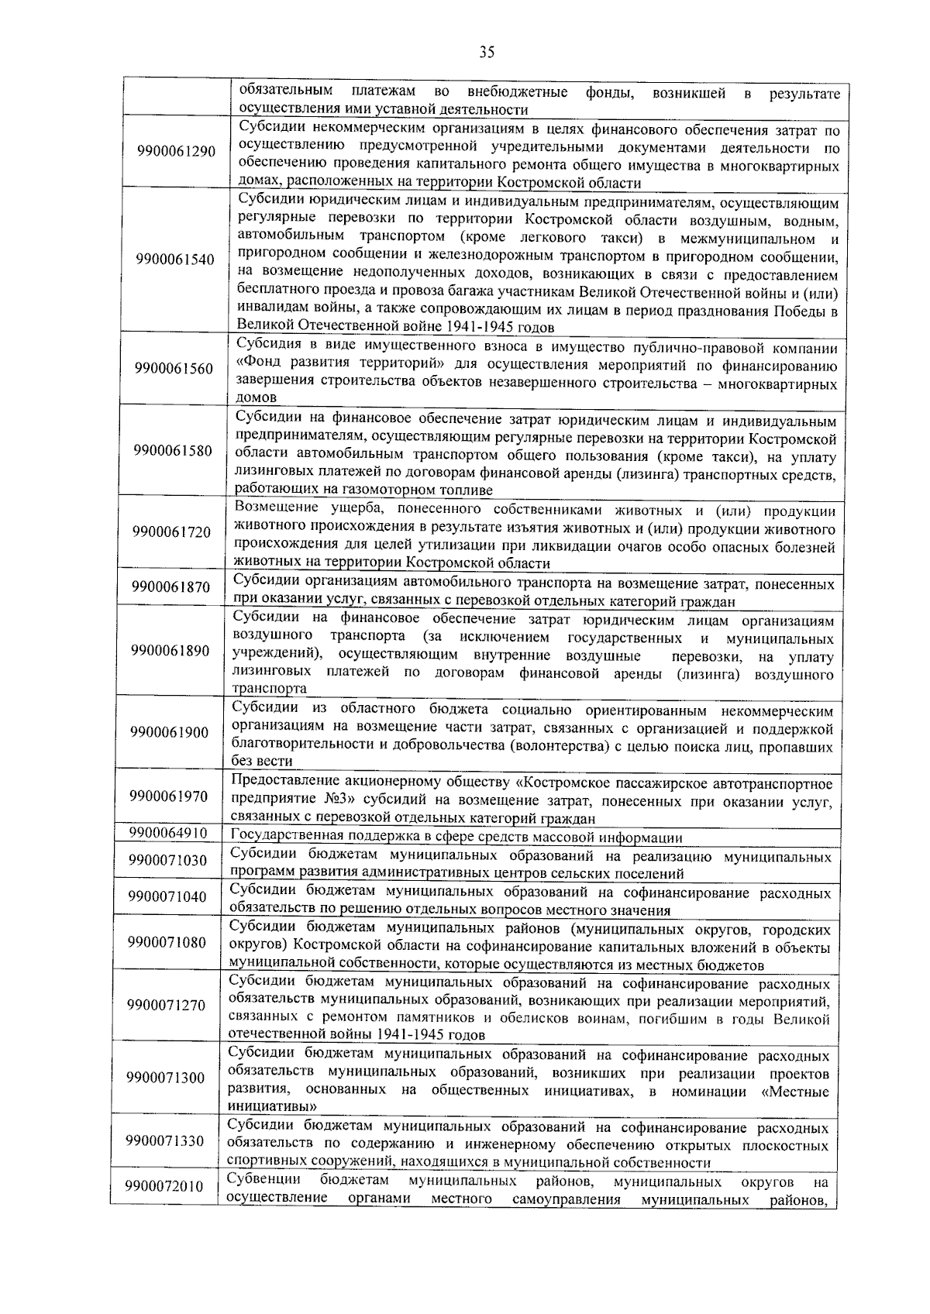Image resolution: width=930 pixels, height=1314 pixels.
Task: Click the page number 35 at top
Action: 487,53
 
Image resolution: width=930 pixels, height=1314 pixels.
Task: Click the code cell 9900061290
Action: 175,151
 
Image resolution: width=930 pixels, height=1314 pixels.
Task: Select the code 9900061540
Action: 174,259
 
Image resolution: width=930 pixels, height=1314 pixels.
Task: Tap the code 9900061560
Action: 174,368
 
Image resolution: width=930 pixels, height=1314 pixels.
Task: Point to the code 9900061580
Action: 173,451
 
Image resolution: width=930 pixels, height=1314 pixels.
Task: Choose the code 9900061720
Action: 172,532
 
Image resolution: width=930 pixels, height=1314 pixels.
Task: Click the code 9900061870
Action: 171,587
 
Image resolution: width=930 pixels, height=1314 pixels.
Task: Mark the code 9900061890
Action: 171,651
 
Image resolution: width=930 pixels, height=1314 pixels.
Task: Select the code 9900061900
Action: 170,732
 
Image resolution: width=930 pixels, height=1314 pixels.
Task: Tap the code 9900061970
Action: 170,796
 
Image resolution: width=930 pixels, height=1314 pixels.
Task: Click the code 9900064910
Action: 169,833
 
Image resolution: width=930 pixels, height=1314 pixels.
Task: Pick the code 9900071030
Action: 169,860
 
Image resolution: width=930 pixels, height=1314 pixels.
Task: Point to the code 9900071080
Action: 168,942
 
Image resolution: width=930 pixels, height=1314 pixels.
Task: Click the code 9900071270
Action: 167,1006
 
